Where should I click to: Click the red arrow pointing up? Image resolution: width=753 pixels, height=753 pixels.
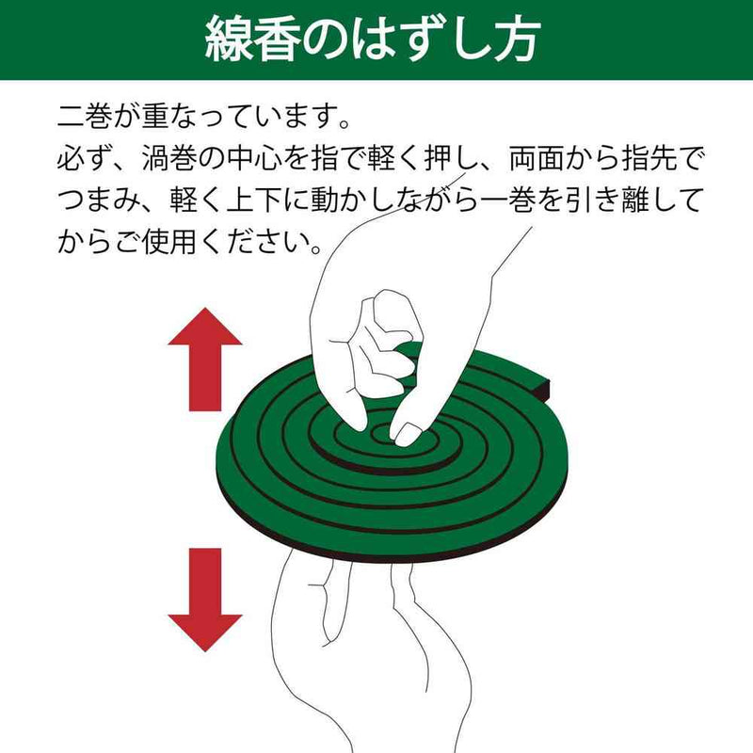[x=205, y=360]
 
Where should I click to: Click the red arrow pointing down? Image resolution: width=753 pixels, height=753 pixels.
[x=205, y=600]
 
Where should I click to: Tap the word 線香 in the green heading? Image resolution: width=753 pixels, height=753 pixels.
[x=252, y=40]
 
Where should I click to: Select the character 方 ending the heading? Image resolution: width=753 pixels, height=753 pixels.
[x=517, y=40]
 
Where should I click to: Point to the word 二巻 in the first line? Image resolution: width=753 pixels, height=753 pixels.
[x=85, y=116]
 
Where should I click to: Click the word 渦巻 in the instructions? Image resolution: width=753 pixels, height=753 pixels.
[x=170, y=158]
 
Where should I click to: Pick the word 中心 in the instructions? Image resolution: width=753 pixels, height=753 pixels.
[x=254, y=158]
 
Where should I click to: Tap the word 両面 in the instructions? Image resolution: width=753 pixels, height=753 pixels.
[x=537, y=158]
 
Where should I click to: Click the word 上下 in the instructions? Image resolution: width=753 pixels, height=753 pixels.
[x=254, y=200]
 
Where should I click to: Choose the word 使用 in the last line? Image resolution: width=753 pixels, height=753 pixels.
[x=170, y=242]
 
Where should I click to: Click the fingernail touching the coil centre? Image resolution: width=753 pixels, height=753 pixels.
[x=407, y=434]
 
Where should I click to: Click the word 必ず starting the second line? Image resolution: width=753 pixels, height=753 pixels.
[x=85, y=158]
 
